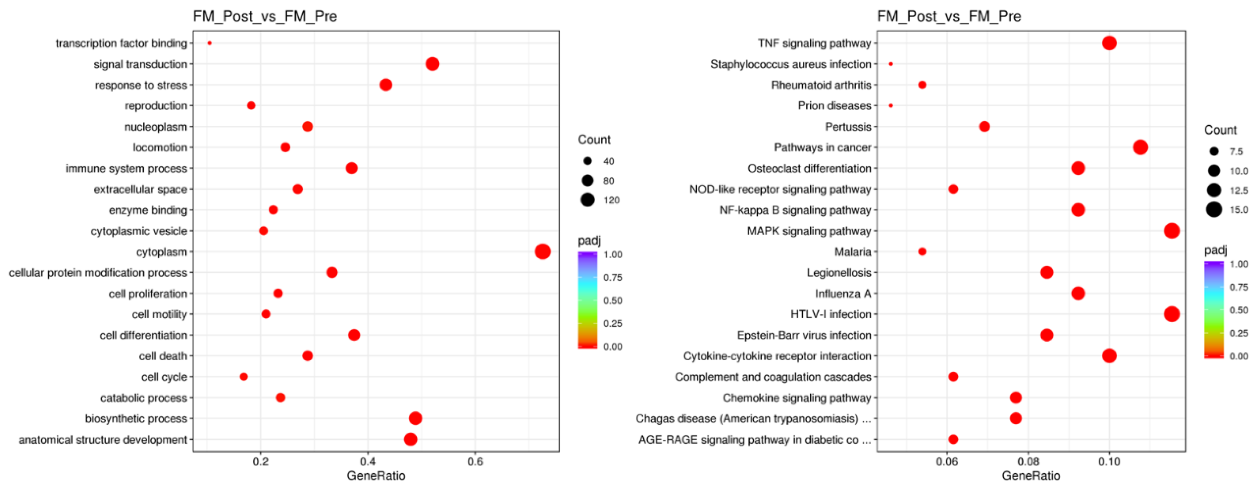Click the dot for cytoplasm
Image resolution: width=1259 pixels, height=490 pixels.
[542, 251]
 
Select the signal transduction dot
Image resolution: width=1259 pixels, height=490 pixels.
[432, 64]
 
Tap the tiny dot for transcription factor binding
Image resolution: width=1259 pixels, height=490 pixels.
[209, 43]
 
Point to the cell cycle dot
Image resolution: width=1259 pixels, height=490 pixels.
[244, 376]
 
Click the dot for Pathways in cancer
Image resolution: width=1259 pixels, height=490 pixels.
[1140, 147]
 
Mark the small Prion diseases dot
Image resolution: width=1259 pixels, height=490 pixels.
[891, 106]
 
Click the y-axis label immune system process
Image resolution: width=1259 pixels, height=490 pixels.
[126, 168]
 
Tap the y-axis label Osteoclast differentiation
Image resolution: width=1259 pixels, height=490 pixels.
[809, 168]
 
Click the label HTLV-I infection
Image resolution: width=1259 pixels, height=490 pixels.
[830, 314]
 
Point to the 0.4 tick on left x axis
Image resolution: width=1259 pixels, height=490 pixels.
[367, 462]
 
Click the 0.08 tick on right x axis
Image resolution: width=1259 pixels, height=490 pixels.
[1028, 462]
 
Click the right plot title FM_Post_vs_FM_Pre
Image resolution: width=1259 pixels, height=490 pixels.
[949, 16]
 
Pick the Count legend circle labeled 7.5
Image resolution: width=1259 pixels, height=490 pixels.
[1213, 152]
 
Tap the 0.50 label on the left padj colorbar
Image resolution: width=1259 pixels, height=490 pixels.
[612, 300]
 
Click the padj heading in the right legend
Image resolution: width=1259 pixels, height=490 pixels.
[1215, 250]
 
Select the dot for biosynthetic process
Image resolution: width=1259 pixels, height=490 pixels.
[415, 418]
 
